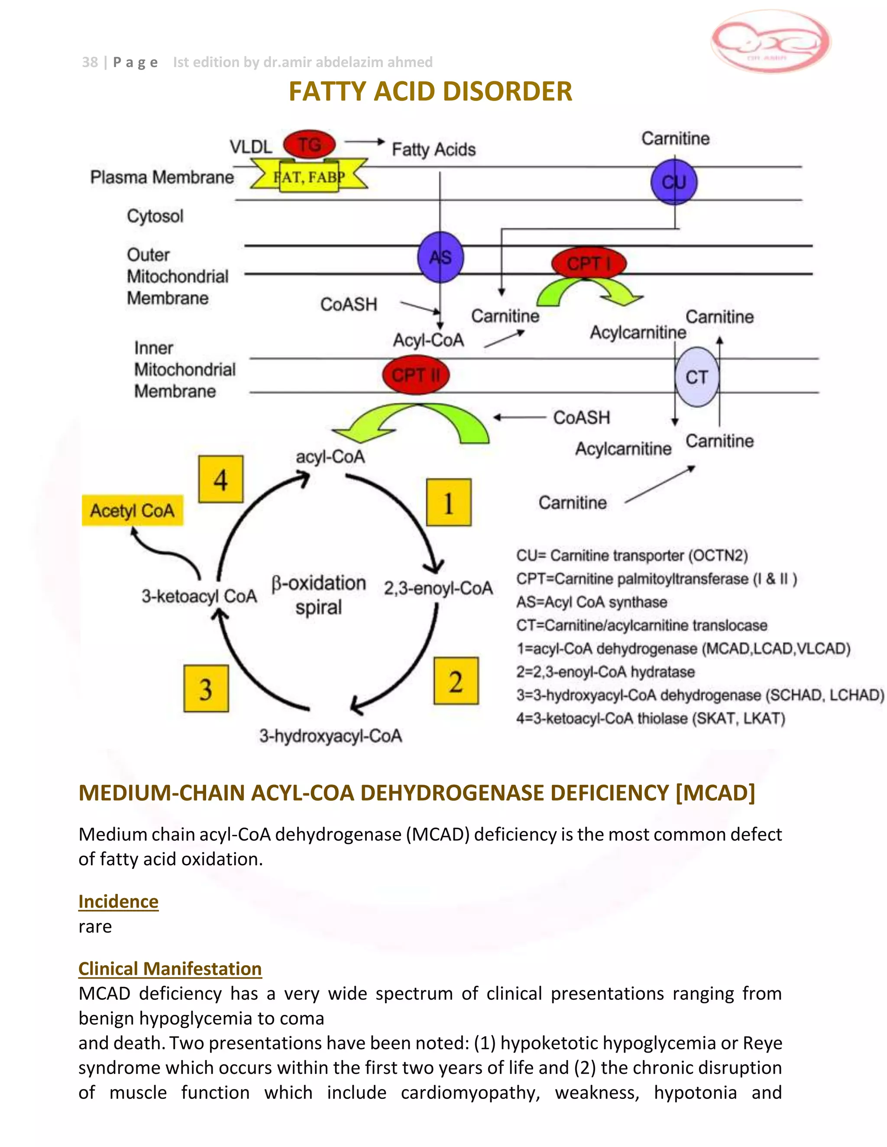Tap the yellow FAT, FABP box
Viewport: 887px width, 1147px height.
[309, 177]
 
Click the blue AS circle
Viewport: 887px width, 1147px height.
[440, 258]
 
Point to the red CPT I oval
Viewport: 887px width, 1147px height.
[589, 263]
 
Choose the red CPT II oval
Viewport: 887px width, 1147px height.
[416, 375]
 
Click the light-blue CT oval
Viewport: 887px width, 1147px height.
[697, 377]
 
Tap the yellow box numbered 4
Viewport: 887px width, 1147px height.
[221, 479]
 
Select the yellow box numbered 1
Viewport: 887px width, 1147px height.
[448, 502]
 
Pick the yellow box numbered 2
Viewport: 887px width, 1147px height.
[456, 681]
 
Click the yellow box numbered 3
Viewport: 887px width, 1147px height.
[206, 689]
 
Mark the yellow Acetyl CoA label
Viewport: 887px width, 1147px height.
[133, 510]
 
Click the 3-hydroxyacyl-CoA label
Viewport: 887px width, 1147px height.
[330, 736]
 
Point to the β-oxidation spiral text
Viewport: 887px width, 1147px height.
[318, 595]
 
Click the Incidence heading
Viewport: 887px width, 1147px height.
[118, 901]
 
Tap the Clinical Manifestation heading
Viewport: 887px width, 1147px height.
[170, 968]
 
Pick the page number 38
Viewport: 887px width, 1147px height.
[90, 62]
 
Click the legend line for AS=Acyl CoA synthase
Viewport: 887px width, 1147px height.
[591, 602]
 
